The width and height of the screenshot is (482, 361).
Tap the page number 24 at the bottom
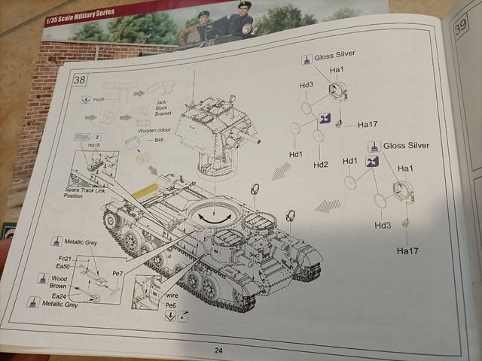218,350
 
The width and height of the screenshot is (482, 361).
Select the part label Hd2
320,165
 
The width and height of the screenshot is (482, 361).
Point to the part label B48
159,140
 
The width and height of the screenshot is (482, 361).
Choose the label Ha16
93,145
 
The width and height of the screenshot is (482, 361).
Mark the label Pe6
171,305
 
